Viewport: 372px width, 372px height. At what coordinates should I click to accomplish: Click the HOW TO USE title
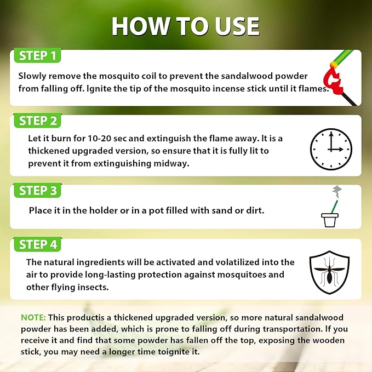point(186,26)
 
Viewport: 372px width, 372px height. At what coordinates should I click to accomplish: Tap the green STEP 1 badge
point(37,55)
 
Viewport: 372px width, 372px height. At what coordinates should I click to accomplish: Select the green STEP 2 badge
point(37,121)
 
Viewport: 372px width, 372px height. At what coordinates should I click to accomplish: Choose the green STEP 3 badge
point(37,190)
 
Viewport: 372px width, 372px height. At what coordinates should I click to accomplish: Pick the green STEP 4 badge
point(37,244)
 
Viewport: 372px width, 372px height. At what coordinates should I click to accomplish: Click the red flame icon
point(333,80)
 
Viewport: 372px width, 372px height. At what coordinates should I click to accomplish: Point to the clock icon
point(331,149)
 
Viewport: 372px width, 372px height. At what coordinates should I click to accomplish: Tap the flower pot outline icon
point(330,220)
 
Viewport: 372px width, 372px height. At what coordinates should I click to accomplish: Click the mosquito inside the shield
point(329,272)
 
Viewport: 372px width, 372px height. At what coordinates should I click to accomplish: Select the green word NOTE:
point(33,317)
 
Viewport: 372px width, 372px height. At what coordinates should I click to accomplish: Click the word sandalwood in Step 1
point(247,76)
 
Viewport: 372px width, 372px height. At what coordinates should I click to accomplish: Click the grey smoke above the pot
point(337,191)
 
